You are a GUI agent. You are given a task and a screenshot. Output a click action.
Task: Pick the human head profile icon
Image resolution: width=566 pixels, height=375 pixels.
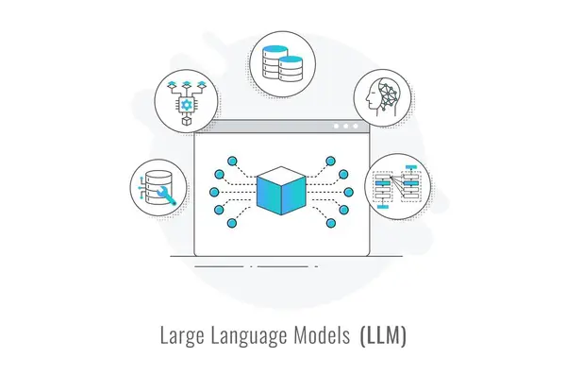point(382,98)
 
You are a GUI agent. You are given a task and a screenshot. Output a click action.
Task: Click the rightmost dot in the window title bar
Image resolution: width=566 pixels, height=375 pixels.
point(357,126)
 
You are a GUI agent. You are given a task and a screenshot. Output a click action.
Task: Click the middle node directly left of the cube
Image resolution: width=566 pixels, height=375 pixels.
point(218,192)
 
